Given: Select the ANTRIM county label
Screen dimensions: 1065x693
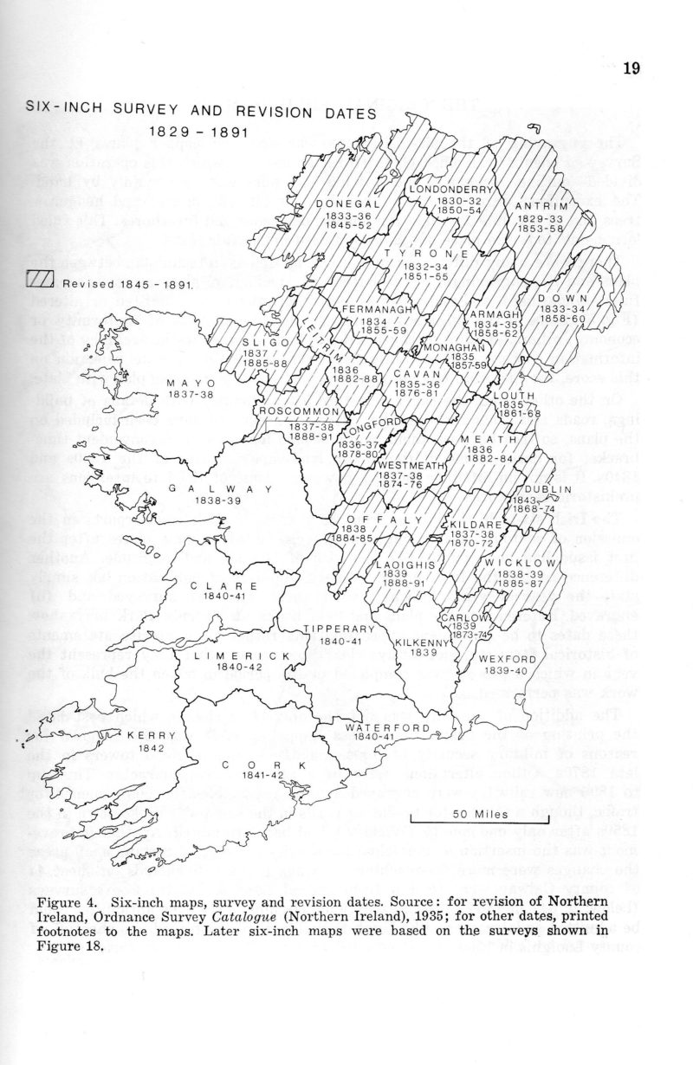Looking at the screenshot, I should (x=541, y=206).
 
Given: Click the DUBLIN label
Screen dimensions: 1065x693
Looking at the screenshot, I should (x=545, y=489).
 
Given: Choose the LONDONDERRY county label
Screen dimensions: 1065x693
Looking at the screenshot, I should (x=451, y=189).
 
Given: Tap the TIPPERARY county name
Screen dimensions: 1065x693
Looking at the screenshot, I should (x=339, y=629).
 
